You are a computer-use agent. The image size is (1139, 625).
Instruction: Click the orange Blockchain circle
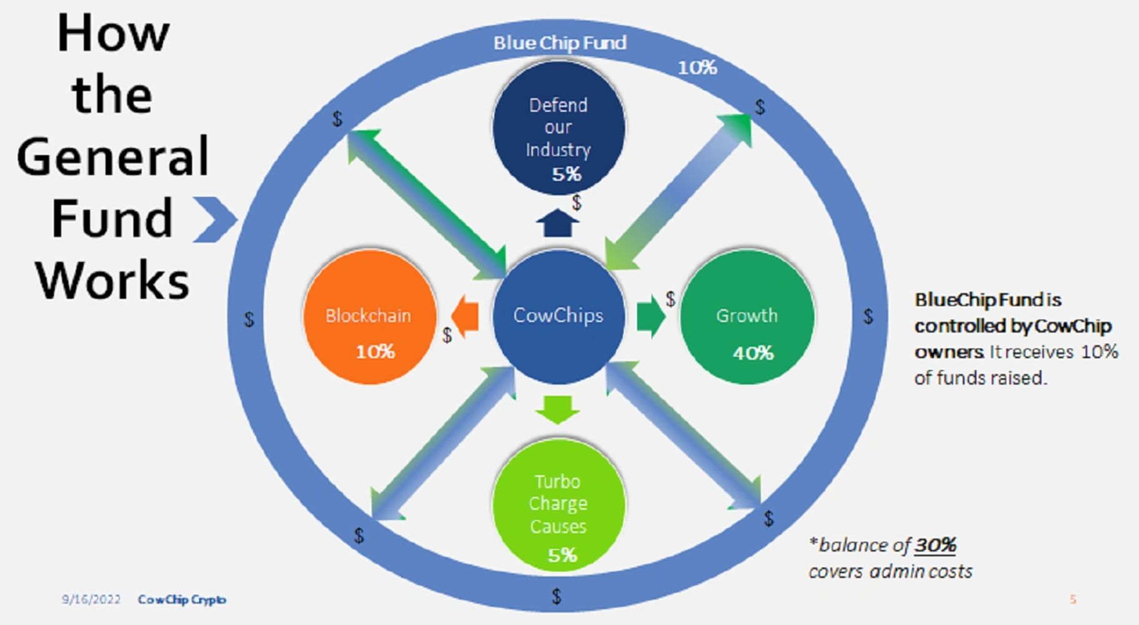(369, 317)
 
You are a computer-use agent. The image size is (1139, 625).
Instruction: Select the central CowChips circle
(558, 316)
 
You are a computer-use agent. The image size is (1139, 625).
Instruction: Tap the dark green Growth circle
(747, 317)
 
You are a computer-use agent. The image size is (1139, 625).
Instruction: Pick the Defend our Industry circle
(558, 128)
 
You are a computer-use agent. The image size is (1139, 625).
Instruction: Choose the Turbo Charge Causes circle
(558, 505)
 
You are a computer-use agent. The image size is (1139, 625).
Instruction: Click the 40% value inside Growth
(753, 353)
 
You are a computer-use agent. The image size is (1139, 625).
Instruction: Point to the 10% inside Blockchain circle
(375, 352)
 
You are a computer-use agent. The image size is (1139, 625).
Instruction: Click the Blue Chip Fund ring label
(560, 42)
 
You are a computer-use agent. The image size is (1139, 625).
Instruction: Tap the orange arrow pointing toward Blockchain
(465, 316)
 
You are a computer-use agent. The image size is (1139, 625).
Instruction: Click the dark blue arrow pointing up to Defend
(557, 223)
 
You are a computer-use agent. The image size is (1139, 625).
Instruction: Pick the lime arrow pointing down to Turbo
(557, 409)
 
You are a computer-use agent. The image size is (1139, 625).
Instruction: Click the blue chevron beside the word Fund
(214, 219)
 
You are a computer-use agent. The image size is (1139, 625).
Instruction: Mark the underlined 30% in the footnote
(935, 545)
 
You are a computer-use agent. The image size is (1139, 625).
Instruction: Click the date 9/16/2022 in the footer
(91, 599)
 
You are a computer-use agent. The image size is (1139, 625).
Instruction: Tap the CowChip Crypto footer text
(182, 599)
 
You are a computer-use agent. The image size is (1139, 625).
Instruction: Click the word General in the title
(112, 156)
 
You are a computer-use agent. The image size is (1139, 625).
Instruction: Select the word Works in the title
(112, 280)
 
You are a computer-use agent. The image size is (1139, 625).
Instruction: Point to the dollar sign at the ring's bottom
(556, 596)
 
